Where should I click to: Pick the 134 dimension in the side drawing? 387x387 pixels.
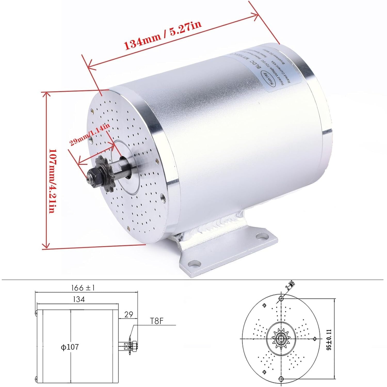pos(79,299)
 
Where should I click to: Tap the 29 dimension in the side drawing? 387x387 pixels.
pos(128,315)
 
